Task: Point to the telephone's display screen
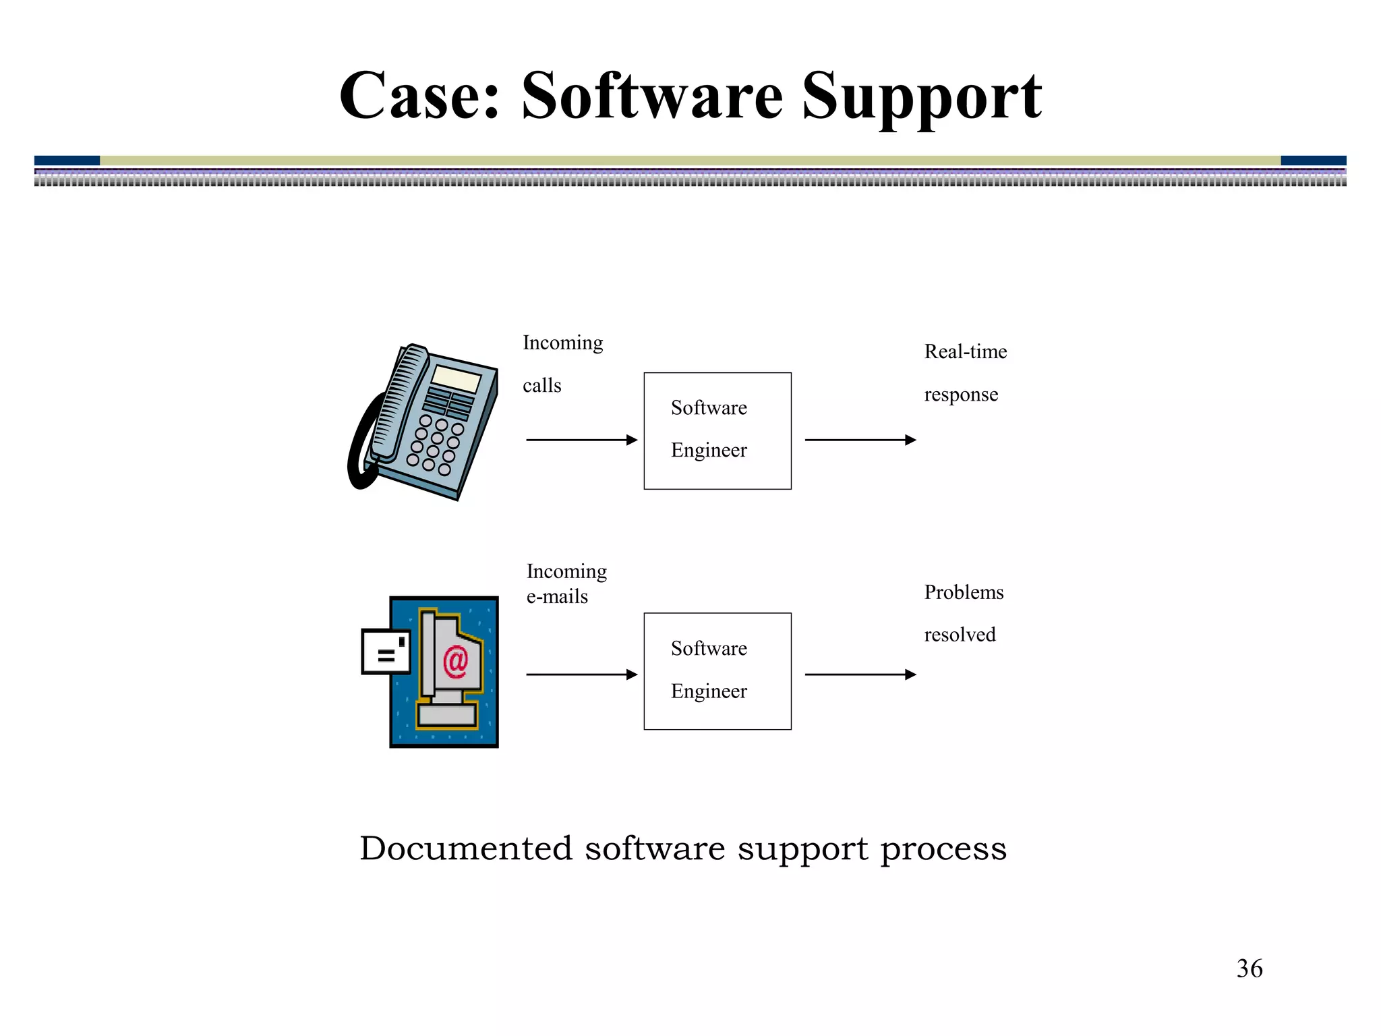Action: coord(456,378)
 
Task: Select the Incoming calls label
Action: coord(562,364)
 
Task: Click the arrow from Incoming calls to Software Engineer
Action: coord(581,440)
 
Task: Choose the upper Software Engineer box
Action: coord(717,430)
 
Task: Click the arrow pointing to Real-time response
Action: coord(860,440)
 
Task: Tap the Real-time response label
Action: coord(964,372)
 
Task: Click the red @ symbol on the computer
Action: coord(456,661)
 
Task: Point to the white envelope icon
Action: coord(386,652)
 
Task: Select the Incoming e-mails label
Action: coord(566,583)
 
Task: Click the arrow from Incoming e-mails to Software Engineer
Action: coord(581,674)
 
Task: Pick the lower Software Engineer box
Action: coord(717,671)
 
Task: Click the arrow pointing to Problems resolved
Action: coord(860,674)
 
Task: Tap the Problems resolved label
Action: coord(963,613)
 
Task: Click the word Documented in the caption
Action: coord(465,848)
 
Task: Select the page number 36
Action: coord(1249,969)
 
